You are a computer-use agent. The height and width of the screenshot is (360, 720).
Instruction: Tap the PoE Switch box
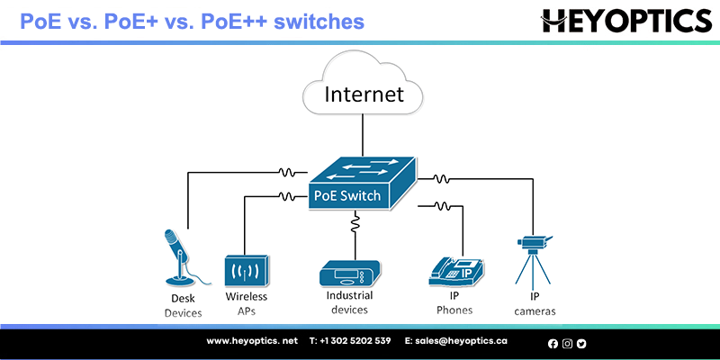[x=360, y=184]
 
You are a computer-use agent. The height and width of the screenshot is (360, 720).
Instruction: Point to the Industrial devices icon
[x=350, y=273]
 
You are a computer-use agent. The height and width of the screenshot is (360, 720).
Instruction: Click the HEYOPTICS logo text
[x=625, y=20]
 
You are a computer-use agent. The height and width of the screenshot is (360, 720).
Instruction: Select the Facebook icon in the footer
[x=553, y=343]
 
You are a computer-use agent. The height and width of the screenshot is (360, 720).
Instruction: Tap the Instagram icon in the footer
[x=567, y=343]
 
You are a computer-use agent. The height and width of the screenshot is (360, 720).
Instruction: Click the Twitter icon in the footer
[x=581, y=343]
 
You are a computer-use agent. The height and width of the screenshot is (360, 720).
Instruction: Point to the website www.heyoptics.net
[x=252, y=341]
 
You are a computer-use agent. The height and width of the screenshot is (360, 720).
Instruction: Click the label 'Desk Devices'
[x=183, y=306]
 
